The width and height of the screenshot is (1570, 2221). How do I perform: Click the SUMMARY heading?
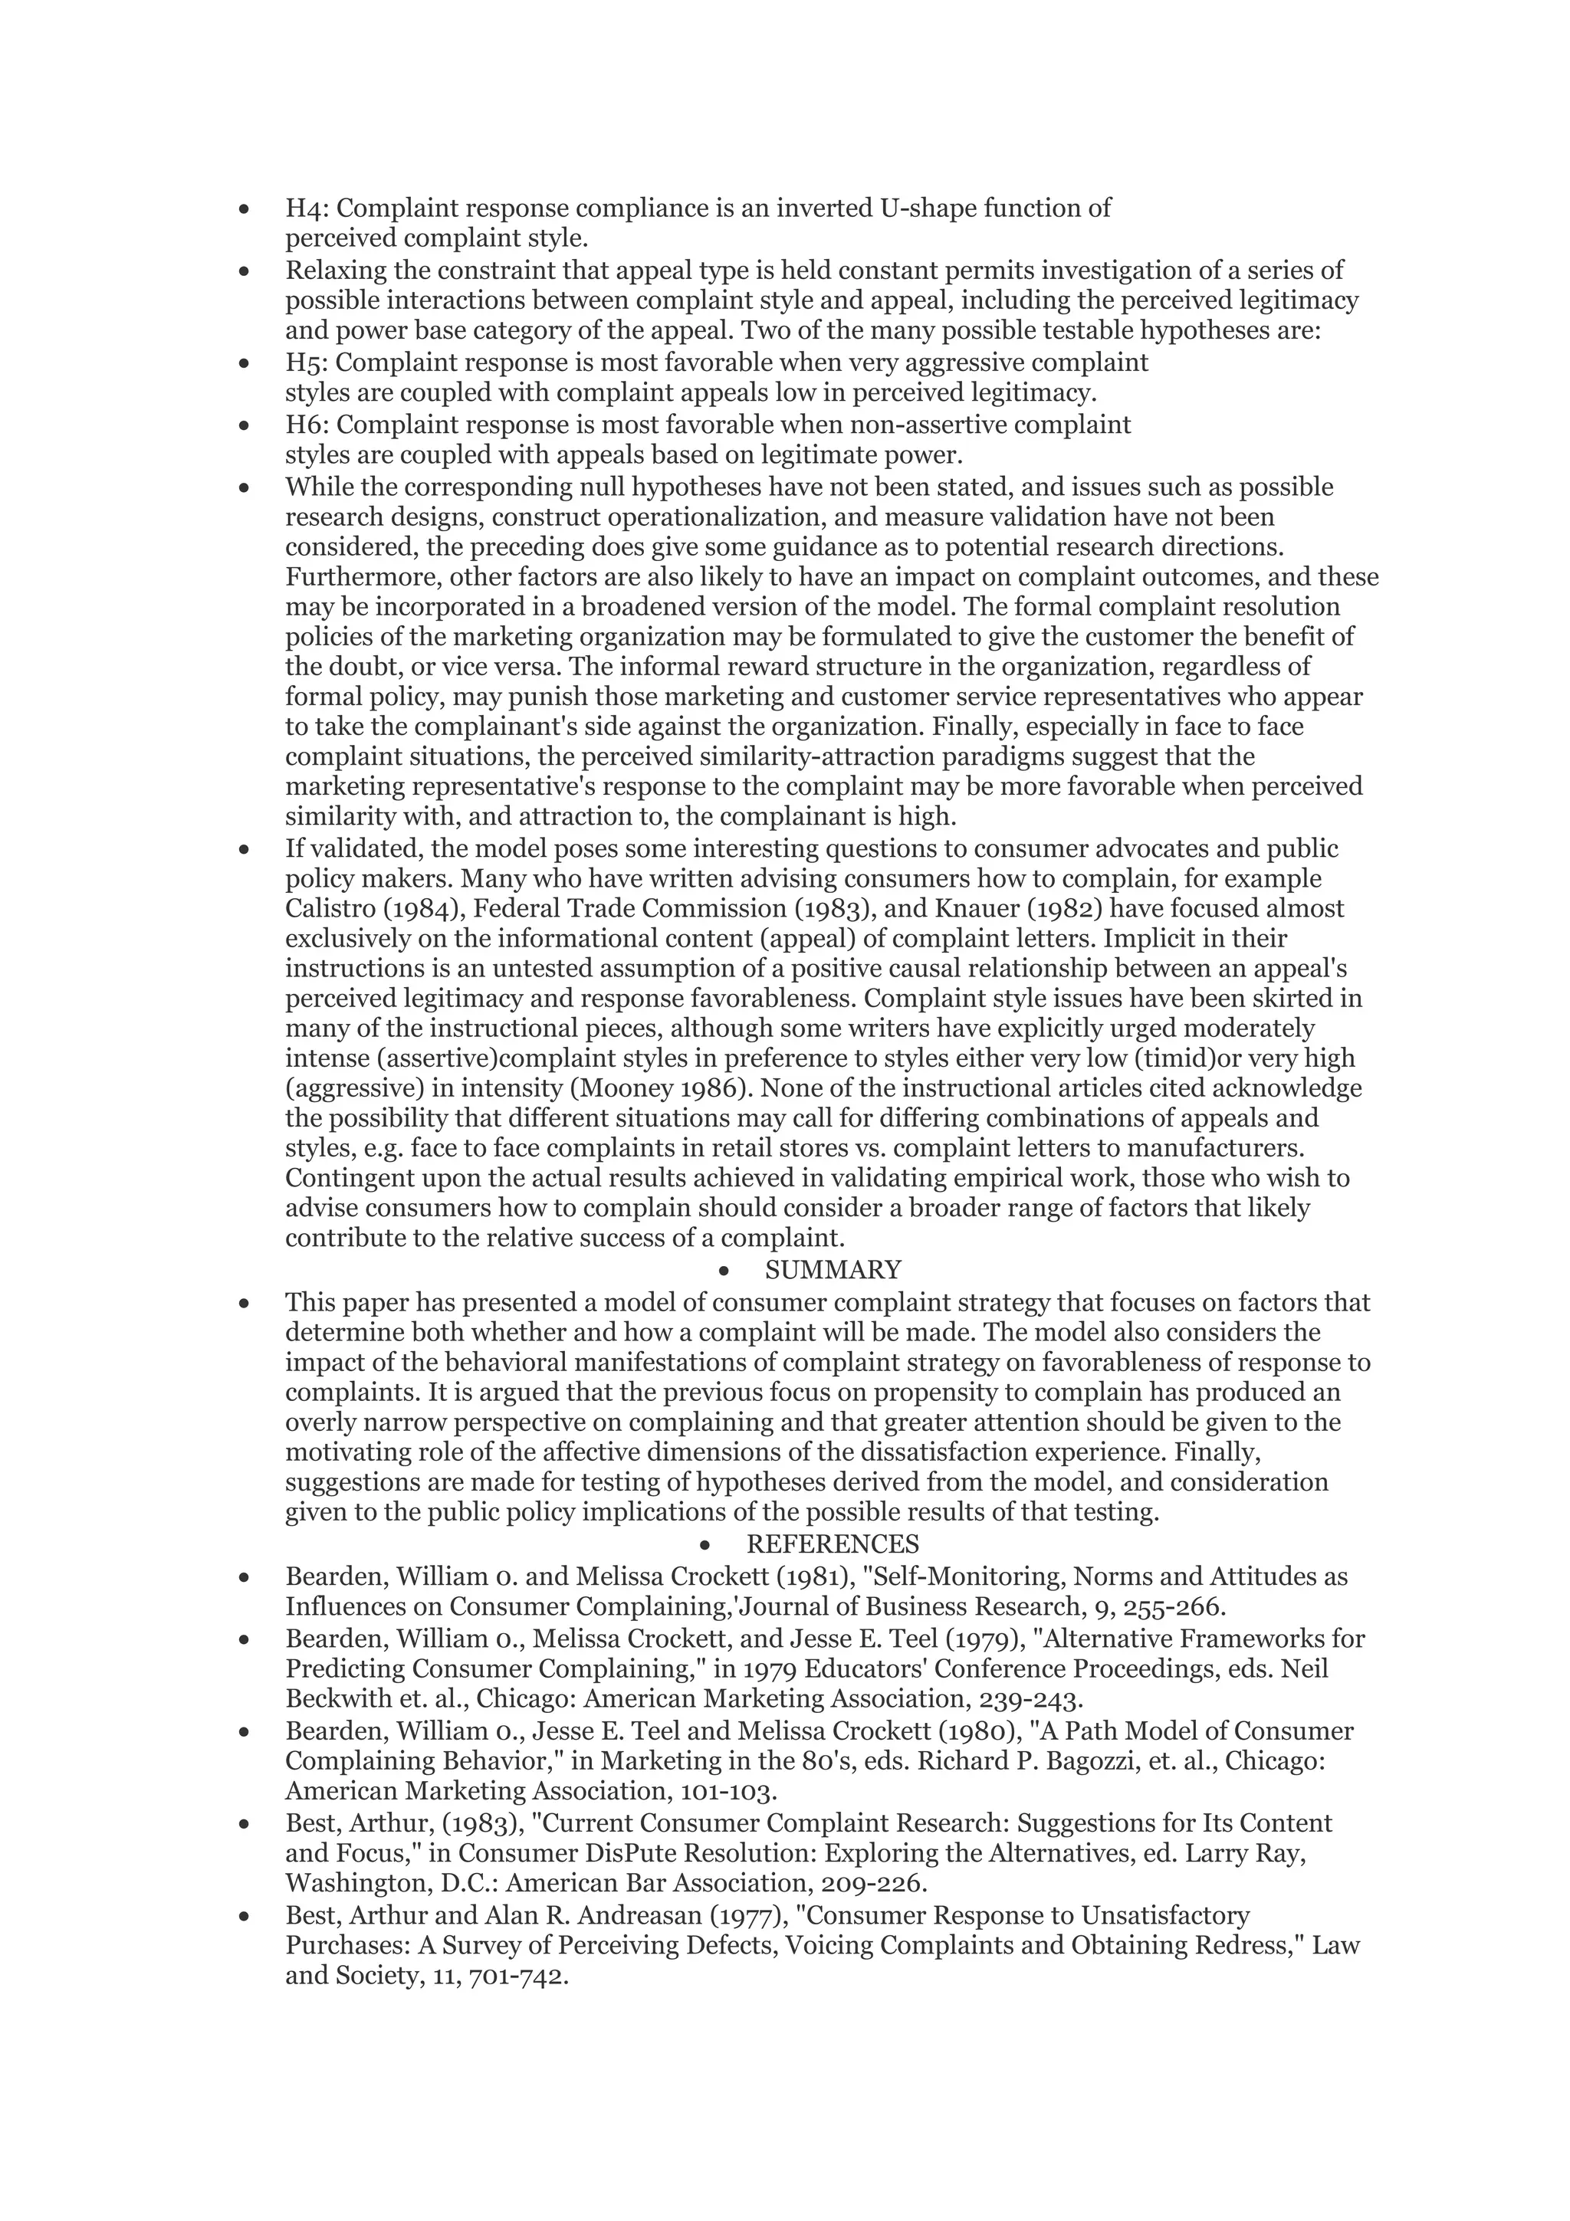click(832, 1269)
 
